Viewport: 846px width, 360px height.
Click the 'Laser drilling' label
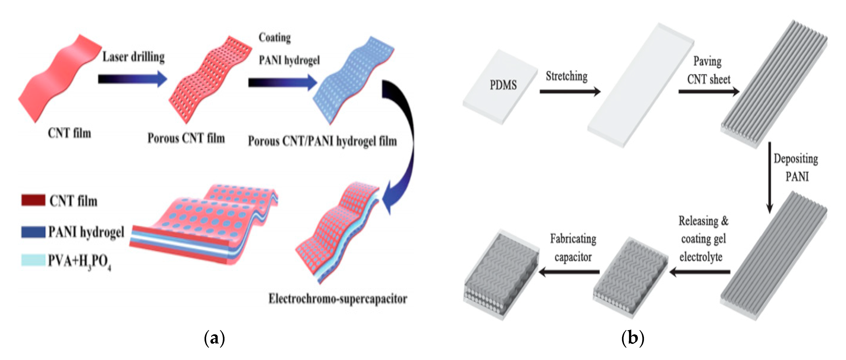(x=133, y=57)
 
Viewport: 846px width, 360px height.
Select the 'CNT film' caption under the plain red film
(x=69, y=133)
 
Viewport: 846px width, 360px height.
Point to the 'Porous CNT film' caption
(x=186, y=138)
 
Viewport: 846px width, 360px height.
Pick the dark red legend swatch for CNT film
(x=33, y=200)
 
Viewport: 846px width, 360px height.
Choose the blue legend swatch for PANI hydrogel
(x=33, y=232)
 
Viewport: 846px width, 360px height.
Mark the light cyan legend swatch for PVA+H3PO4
(x=33, y=260)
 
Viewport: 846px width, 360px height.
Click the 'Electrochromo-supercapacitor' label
(x=338, y=299)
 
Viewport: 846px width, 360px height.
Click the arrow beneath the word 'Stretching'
(x=570, y=91)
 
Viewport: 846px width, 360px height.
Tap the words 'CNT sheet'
(x=709, y=79)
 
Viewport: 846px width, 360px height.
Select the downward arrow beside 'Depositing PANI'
(x=769, y=177)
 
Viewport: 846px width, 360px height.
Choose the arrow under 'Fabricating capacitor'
(x=570, y=272)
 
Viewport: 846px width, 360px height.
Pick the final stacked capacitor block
(x=501, y=274)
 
